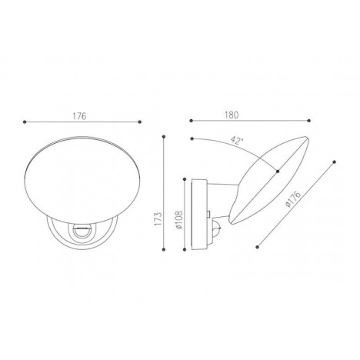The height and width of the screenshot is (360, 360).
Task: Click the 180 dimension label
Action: pyautogui.click(x=232, y=115)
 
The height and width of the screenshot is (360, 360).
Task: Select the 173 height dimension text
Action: pyautogui.click(x=158, y=218)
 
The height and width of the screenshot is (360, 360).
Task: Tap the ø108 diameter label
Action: pyautogui.click(x=178, y=220)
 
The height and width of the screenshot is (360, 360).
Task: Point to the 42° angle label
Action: pyautogui.click(x=237, y=140)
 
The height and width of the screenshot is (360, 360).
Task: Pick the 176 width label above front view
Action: pyautogui.click(x=79, y=116)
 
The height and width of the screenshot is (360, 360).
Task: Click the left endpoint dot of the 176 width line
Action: pyautogui.click(x=25, y=122)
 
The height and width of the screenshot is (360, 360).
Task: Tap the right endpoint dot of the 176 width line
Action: pyautogui.click(x=140, y=122)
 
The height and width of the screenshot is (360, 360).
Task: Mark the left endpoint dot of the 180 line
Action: pyautogui.click(x=191, y=121)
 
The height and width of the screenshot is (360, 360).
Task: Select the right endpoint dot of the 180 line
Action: pyautogui.click(x=309, y=121)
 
